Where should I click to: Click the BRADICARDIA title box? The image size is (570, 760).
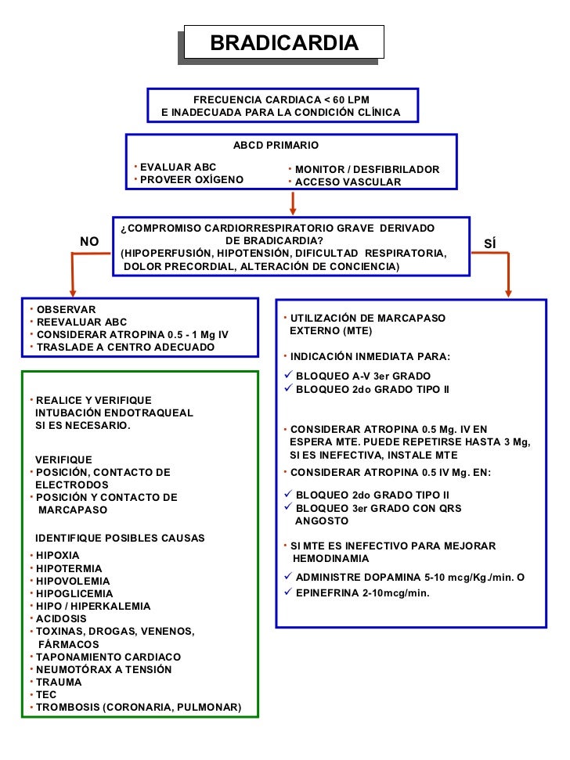pyautogui.click(x=284, y=42)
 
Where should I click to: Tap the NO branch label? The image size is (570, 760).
pyautogui.click(x=89, y=241)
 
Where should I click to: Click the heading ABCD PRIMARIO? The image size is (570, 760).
pyautogui.click(x=276, y=146)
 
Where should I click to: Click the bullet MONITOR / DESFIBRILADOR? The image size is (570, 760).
pyautogui.click(x=366, y=170)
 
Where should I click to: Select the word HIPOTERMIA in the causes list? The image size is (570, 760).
pyautogui.click(x=69, y=569)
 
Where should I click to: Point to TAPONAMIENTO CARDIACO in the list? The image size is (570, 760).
pyautogui.click(x=109, y=657)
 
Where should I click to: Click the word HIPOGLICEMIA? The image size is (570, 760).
pyautogui.click(x=73, y=594)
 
